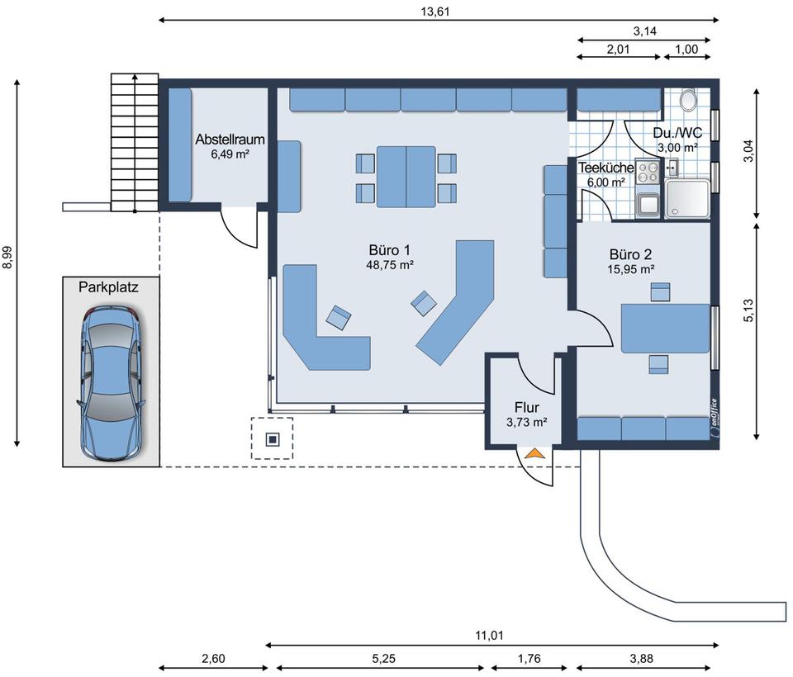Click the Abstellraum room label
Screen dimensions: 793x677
coord(230,139)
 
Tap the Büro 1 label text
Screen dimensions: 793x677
coord(389,250)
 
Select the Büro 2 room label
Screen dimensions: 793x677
coord(630,254)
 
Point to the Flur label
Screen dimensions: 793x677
coord(526,407)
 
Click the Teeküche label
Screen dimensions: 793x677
coord(605,168)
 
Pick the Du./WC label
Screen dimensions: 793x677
coord(677,133)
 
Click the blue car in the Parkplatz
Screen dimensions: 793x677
coord(111,383)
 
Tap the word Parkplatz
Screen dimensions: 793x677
coord(108,287)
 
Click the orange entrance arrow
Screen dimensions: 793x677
coord(534,453)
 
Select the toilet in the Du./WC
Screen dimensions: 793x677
coord(688,100)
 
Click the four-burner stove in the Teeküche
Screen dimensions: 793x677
coord(648,171)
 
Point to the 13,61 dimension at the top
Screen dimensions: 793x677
coord(435,11)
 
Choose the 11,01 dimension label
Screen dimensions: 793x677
coord(489,635)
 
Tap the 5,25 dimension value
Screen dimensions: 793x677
coord(383,658)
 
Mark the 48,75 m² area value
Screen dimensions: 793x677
coord(390,264)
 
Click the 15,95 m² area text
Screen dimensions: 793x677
coord(631,269)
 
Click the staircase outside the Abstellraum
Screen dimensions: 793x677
coord(135,142)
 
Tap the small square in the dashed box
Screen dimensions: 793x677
coord(273,439)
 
